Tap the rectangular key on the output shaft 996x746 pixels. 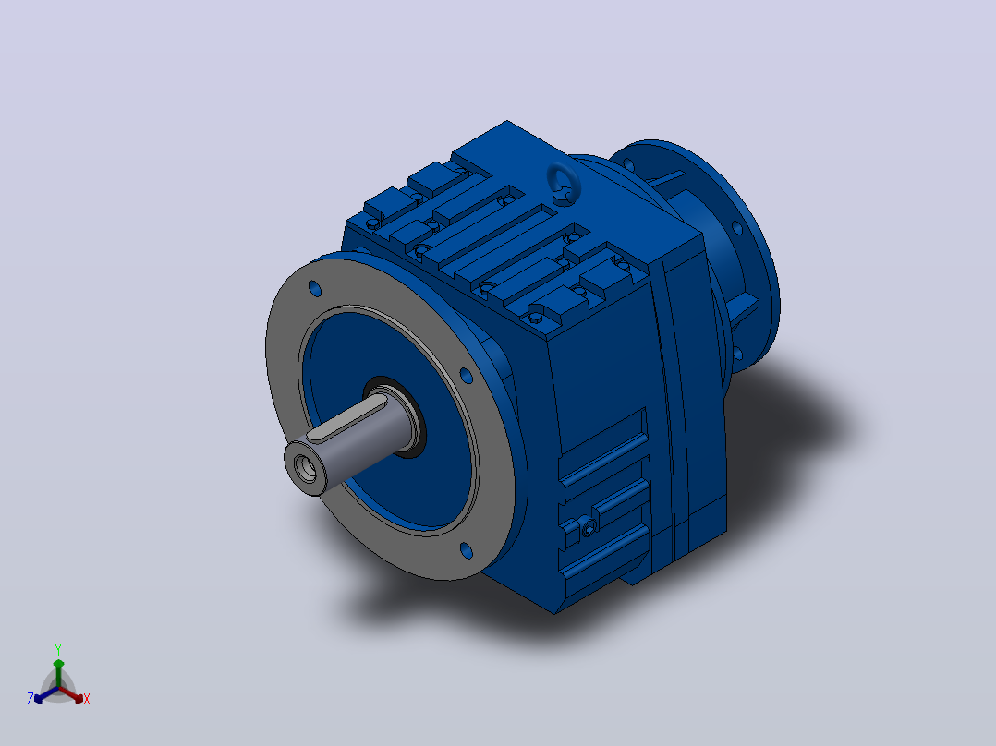pos(347,419)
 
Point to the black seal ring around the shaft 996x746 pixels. pos(395,415)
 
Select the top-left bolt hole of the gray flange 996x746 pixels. pos(314,289)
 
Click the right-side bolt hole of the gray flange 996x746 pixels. pos(467,376)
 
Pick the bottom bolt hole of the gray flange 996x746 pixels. pos(467,550)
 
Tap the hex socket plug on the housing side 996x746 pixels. pos(589,526)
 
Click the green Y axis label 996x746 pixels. pos(58,649)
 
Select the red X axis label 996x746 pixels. pos(87,699)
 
